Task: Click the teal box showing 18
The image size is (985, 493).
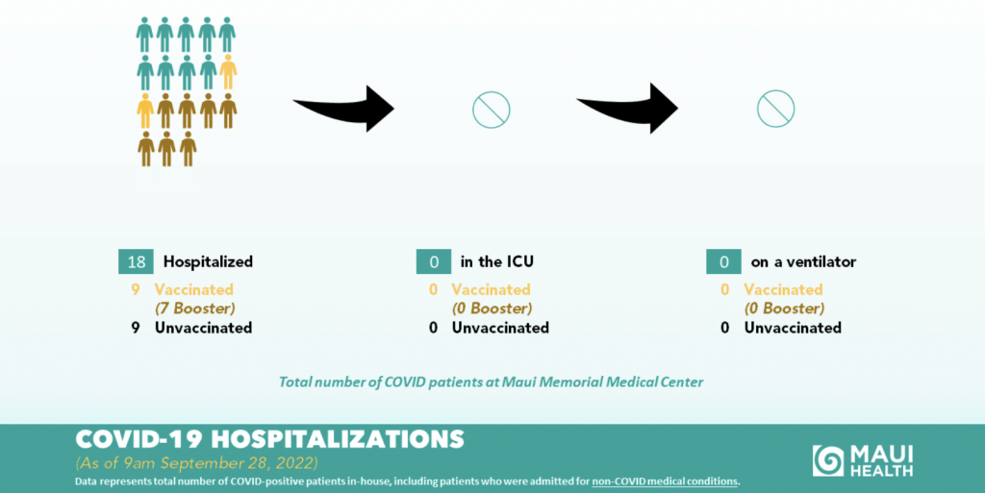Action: [x=136, y=261]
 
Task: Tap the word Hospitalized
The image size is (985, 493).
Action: [x=208, y=261]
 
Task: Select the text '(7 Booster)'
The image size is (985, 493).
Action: [x=194, y=308]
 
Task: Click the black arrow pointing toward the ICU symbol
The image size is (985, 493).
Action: [x=343, y=109]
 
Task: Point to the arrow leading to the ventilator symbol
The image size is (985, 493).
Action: [x=627, y=109]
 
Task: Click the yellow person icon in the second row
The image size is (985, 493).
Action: [x=228, y=72]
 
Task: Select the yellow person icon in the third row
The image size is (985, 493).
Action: [x=145, y=111]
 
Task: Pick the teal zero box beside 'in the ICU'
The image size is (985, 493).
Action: [x=434, y=261]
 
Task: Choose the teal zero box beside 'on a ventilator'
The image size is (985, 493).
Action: [x=723, y=261]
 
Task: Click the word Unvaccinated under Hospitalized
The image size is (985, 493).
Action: [x=204, y=328]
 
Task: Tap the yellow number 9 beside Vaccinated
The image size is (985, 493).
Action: [x=135, y=290]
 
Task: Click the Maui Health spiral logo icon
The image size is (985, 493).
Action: [x=828, y=460]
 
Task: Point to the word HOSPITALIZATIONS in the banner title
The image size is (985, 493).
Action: [x=338, y=439]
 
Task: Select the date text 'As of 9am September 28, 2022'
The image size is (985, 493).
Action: [x=196, y=463]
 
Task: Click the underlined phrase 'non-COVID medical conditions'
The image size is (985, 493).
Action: [x=665, y=481]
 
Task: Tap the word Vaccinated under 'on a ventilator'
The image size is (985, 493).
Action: [x=783, y=290]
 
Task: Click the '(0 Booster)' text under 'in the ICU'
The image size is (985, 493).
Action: [x=492, y=308]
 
